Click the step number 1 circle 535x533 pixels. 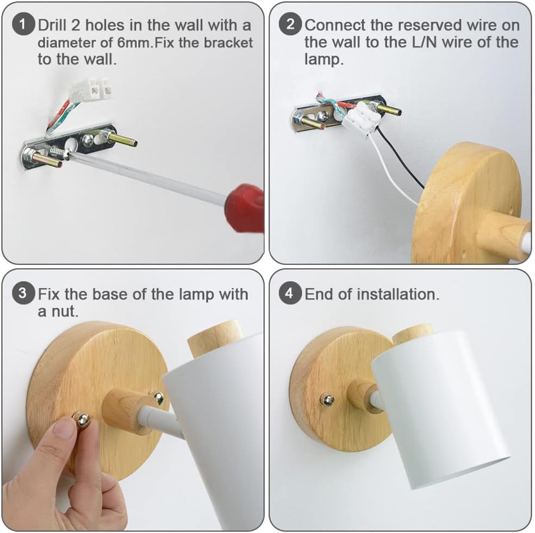coord(23,24)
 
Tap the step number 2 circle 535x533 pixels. coord(290,24)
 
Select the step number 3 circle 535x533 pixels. coord(23,293)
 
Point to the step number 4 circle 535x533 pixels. coord(290,293)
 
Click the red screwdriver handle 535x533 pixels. coord(246,208)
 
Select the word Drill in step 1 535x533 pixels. coord(53,25)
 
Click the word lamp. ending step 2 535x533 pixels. coord(324,59)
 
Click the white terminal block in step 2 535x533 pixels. coord(361,117)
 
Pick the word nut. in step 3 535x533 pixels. coord(58,311)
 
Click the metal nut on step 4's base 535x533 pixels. coord(327,400)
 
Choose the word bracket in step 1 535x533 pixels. coord(228,42)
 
